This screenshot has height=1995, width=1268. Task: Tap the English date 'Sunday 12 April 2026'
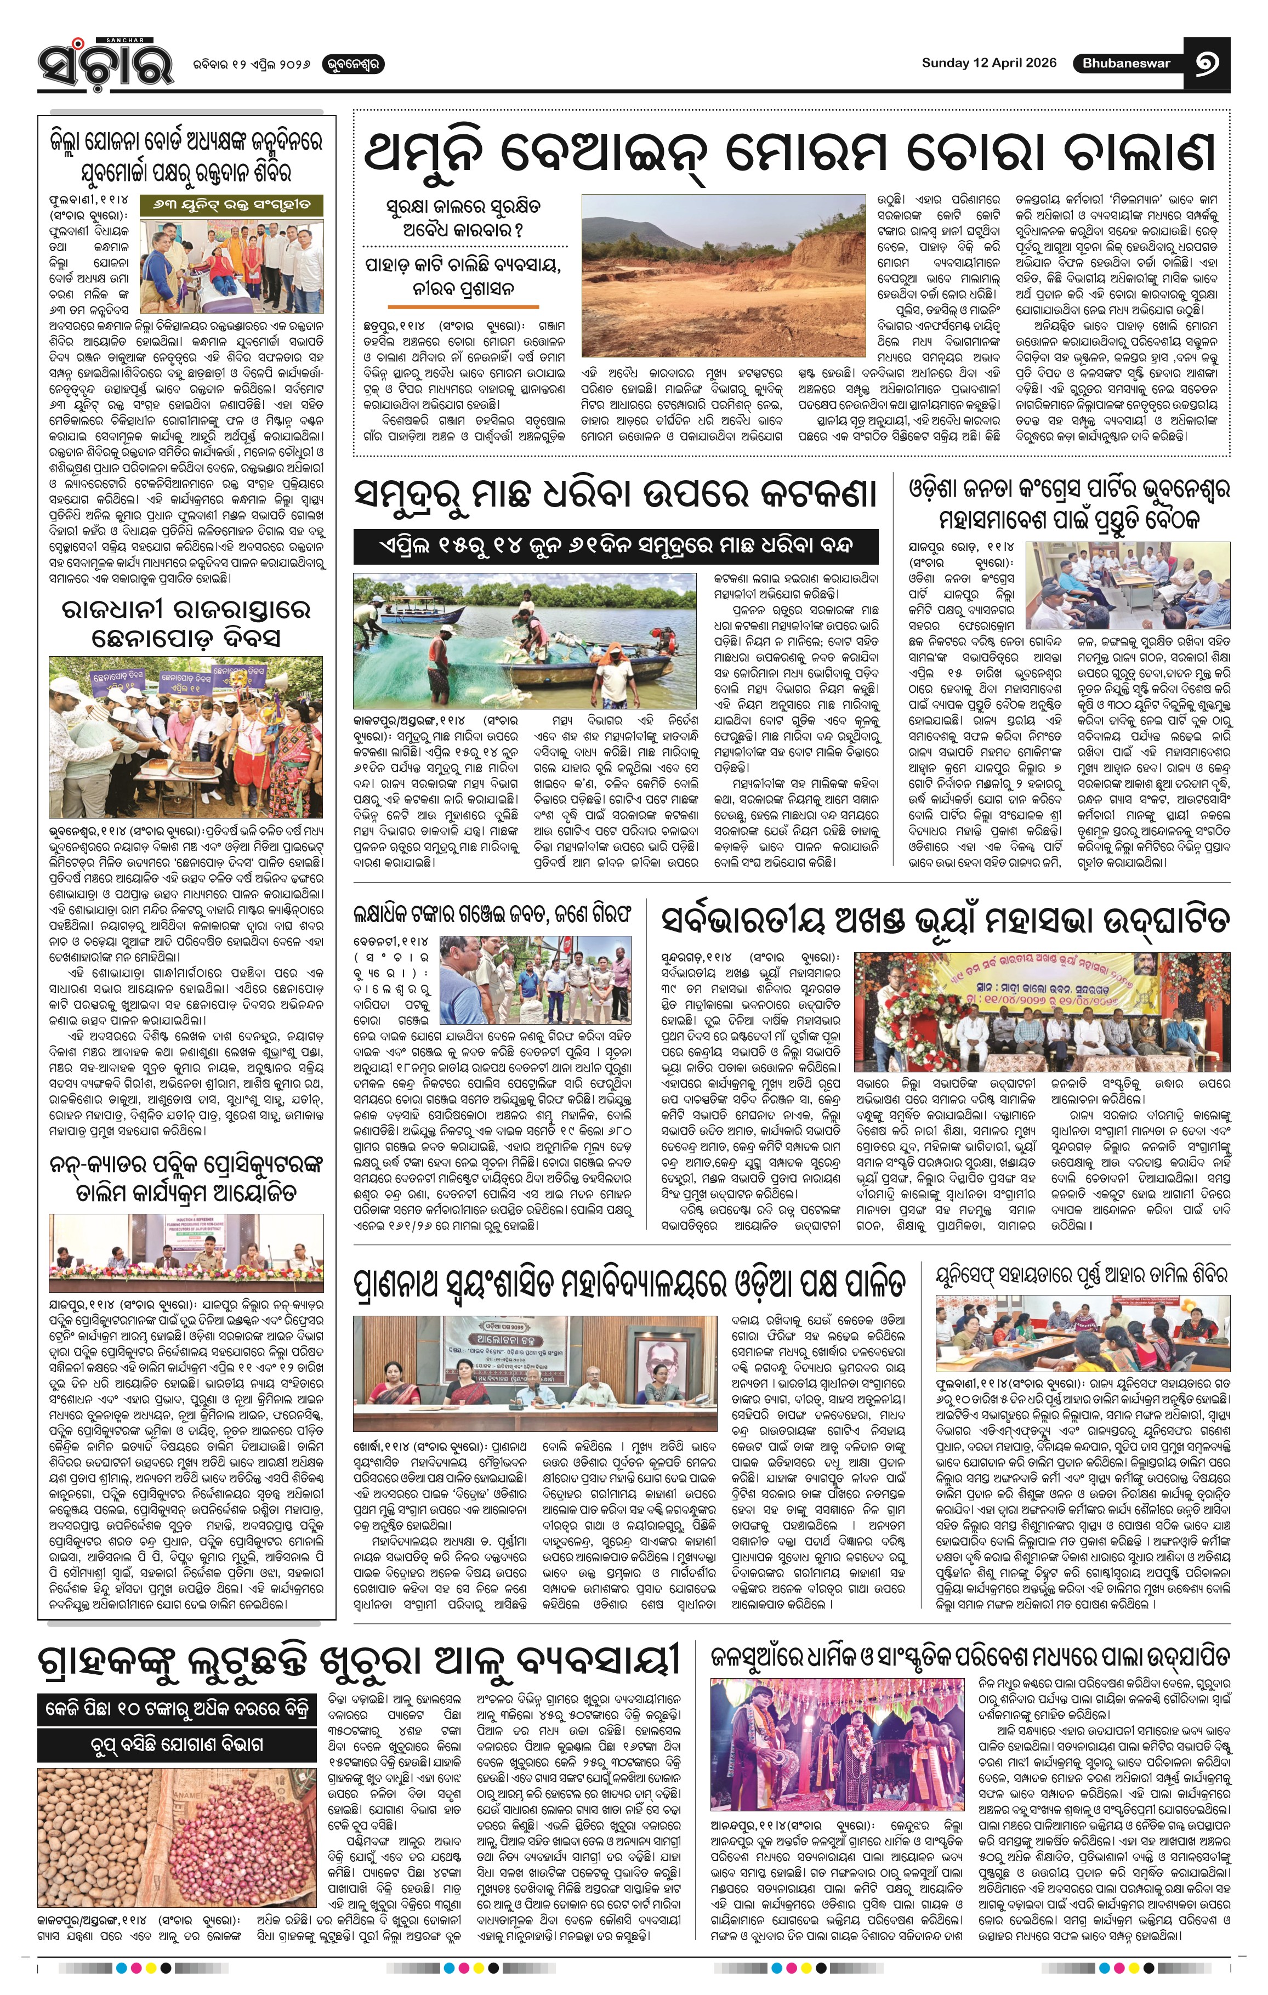coord(989,63)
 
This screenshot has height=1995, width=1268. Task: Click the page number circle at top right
coord(1206,63)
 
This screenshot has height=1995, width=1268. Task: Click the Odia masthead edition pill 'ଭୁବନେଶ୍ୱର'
coord(352,64)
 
